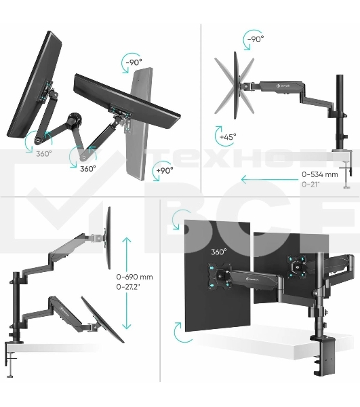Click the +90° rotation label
(165, 171)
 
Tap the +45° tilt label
(228, 137)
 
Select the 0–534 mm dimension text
(320, 174)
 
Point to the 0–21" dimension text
(311, 185)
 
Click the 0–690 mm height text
(135, 277)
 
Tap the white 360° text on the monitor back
(219, 252)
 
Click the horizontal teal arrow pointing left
(269, 179)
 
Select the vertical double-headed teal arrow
(126, 284)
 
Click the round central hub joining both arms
(74, 120)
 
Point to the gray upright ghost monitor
(138, 124)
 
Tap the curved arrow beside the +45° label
(218, 135)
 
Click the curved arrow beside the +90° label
(156, 172)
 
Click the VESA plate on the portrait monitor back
(220, 275)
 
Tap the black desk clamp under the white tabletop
(321, 355)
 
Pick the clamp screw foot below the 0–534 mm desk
(346, 187)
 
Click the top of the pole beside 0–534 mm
(340, 75)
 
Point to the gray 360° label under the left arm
(44, 154)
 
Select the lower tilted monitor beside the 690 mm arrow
(102, 319)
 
